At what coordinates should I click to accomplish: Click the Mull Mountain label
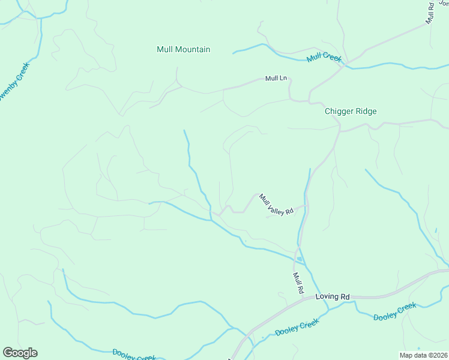[x=183, y=49]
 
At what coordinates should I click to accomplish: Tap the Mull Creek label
[x=324, y=58]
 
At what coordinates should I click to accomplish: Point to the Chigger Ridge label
[x=351, y=111]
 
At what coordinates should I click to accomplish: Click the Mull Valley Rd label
[x=276, y=204]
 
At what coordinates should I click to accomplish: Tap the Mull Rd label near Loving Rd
[x=297, y=283]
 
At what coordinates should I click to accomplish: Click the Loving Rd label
[x=333, y=296]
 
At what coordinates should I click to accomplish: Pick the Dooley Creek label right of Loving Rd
[x=394, y=311]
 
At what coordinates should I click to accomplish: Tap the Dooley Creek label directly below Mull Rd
[x=297, y=327]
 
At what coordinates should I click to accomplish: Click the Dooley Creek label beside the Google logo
[x=134, y=355]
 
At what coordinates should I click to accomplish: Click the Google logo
[x=20, y=353]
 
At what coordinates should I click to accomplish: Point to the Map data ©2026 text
[x=423, y=355]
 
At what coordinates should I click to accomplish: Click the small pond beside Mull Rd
[x=299, y=259]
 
